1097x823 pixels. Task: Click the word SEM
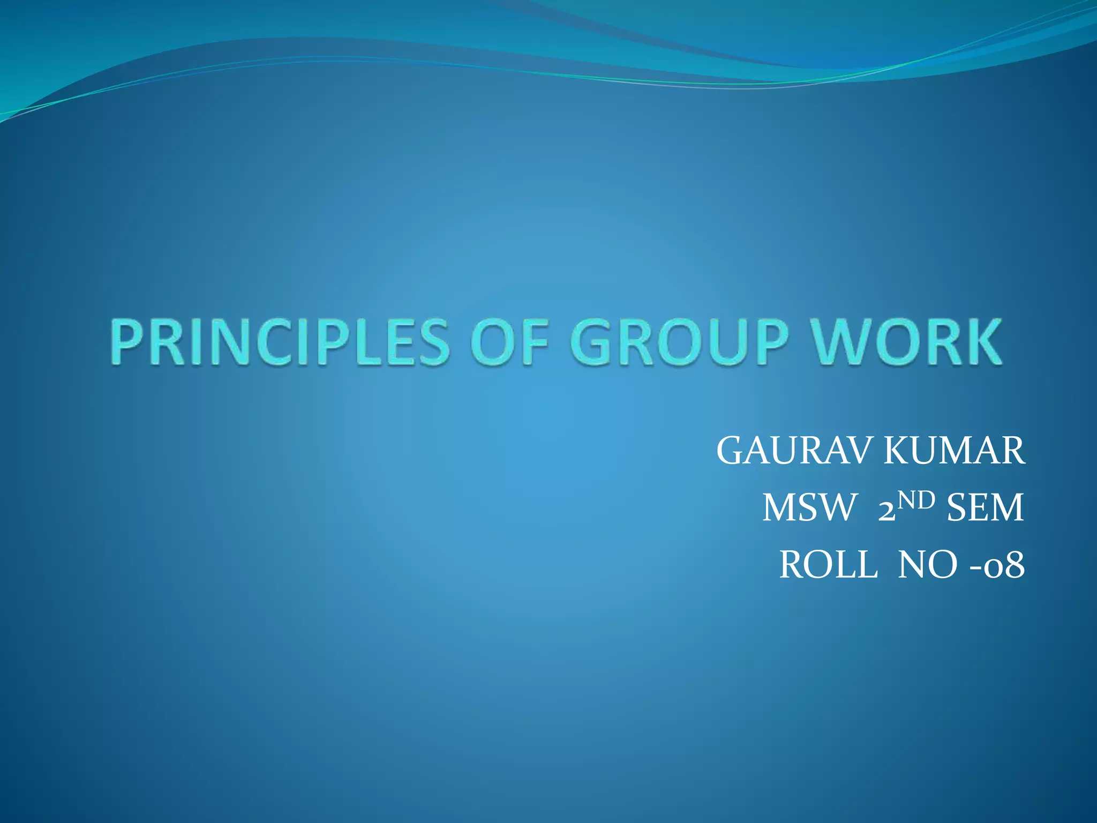(985, 508)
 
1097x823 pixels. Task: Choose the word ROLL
(828, 565)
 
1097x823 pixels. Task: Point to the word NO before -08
(927, 565)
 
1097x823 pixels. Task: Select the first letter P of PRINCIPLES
(129, 342)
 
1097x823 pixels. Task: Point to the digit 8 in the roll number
(1014, 566)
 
